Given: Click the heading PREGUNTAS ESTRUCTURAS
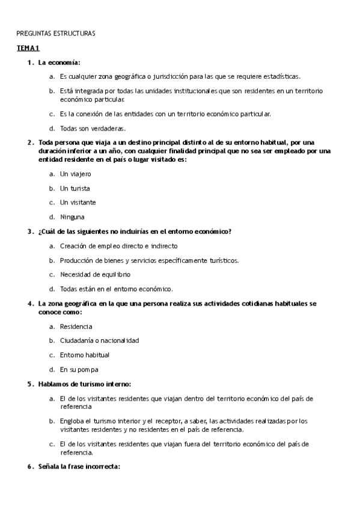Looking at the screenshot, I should (55, 33).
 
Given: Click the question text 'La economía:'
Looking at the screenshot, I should (59, 62).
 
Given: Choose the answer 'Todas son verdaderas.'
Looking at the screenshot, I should (92, 128).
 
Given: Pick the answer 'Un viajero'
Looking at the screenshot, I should (75, 173).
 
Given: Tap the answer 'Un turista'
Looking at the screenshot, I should (75, 188).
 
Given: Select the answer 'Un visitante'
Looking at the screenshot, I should (78, 202).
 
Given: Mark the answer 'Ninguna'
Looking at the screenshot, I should (72, 217).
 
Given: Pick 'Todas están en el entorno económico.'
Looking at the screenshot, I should (116, 289).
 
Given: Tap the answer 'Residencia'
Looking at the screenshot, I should (76, 326).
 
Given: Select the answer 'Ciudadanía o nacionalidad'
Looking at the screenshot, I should (99, 340).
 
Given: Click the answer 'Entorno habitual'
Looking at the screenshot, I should (84, 355).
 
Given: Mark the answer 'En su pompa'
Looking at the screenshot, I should (79, 369).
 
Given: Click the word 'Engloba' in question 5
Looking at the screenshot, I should (72, 421).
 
